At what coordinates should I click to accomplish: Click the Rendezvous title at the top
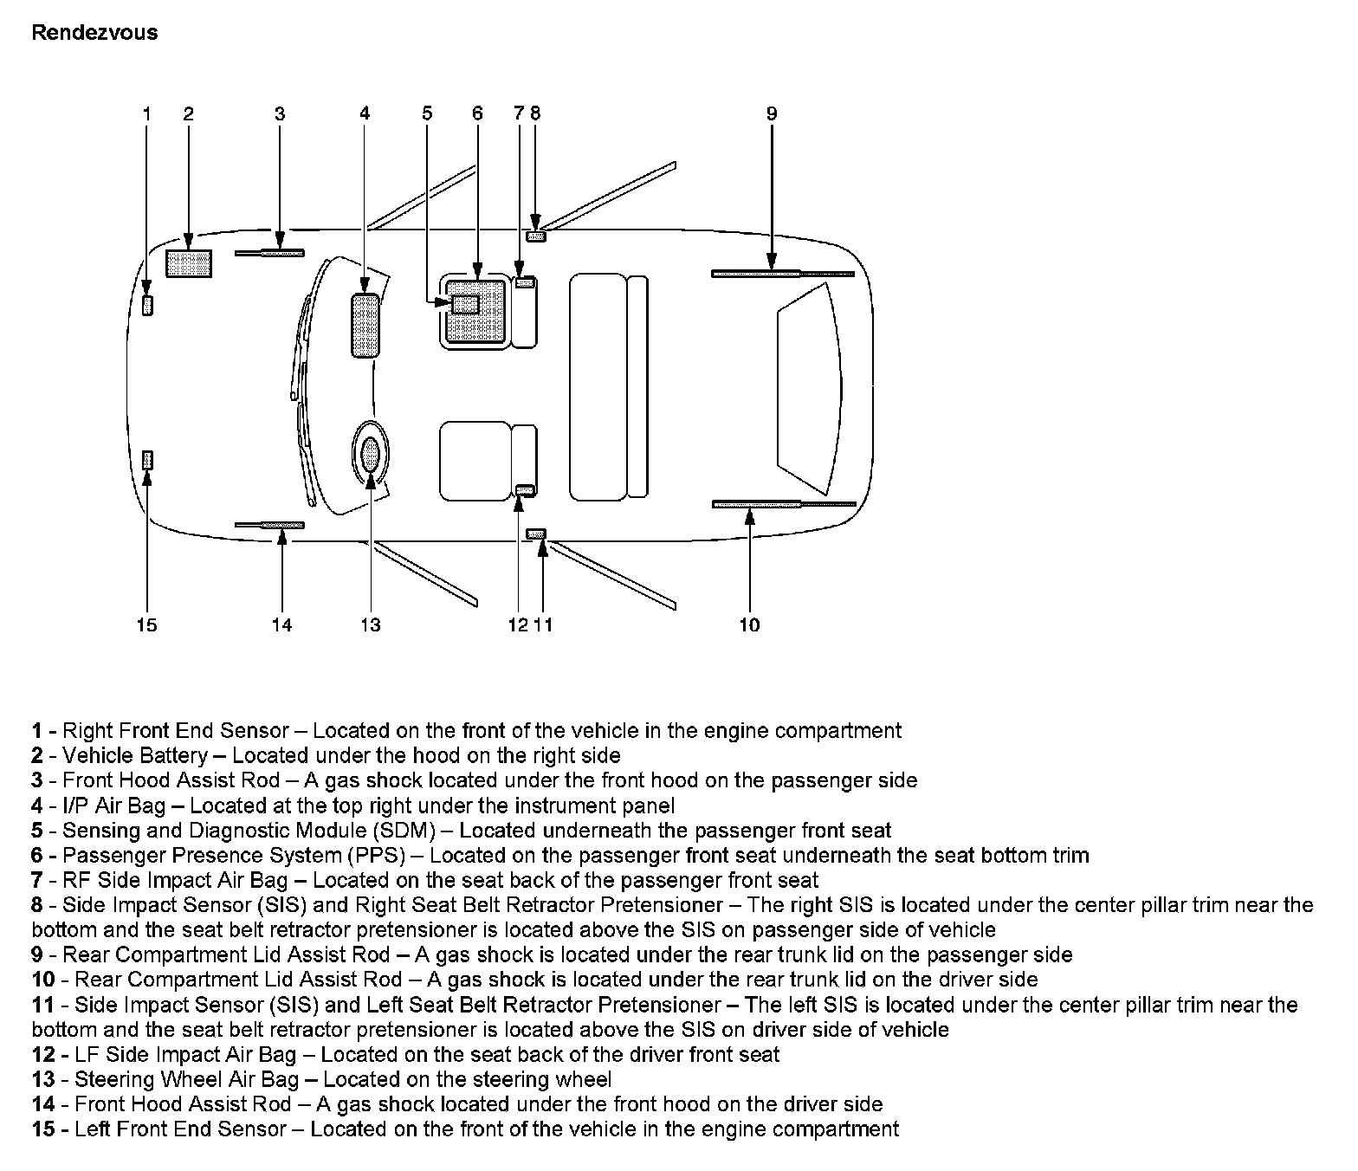(x=94, y=33)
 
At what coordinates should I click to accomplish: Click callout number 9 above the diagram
(x=772, y=113)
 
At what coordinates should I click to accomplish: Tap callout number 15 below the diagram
(x=146, y=625)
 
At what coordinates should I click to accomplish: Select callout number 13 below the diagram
(x=370, y=625)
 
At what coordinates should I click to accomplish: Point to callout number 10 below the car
(x=749, y=625)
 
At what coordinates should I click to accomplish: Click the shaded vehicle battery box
(x=189, y=263)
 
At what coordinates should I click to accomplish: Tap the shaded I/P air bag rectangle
(x=365, y=325)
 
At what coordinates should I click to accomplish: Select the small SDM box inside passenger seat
(x=465, y=303)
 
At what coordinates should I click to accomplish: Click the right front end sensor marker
(x=147, y=305)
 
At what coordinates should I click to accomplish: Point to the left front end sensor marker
(x=147, y=460)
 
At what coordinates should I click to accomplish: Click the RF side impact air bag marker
(x=524, y=282)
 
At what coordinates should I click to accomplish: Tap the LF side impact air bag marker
(x=524, y=490)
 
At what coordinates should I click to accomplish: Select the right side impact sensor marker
(x=536, y=236)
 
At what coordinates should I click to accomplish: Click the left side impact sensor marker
(x=536, y=533)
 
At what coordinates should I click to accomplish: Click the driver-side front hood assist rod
(x=269, y=525)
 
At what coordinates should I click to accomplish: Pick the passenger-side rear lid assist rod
(x=782, y=274)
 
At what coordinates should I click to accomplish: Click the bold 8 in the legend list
(x=37, y=906)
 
